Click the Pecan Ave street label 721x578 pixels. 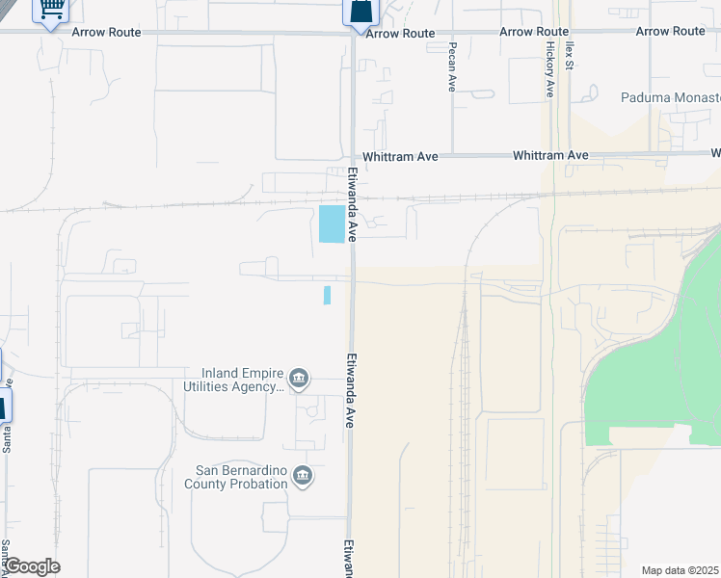(451, 66)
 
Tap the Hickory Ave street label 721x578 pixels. (550, 69)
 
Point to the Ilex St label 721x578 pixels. (570, 55)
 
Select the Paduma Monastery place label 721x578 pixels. (670, 98)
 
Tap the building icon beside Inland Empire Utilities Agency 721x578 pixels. (299, 377)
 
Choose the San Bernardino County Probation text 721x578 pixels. (241, 477)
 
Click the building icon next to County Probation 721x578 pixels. (303, 477)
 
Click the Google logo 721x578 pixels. (32, 566)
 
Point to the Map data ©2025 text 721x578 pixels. (680, 570)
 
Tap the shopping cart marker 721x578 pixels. (50, 10)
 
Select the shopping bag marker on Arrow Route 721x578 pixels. (360, 12)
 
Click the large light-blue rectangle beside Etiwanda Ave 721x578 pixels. (332, 224)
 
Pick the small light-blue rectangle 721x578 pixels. (328, 295)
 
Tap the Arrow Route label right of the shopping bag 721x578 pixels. (400, 33)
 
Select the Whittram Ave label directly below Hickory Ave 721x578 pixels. (550, 155)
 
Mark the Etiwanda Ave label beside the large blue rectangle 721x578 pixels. (353, 204)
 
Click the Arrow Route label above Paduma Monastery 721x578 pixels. (670, 32)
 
